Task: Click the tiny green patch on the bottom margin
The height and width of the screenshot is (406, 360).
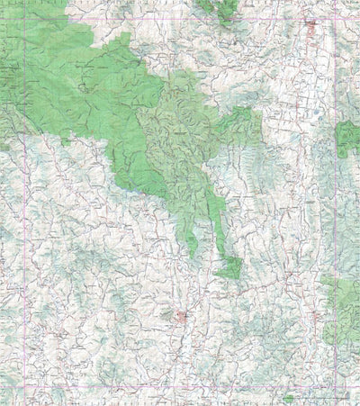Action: (x=288, y=399)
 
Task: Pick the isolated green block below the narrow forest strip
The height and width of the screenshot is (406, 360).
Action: (x=229, y=267)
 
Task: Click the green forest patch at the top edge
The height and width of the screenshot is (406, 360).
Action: (x=219, y=8)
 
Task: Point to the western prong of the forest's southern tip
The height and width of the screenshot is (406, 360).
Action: (x=192, y=236)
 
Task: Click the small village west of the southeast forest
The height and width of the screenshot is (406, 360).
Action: (x=316, y=314)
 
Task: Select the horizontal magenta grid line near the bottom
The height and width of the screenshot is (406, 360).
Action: (x=180, y=388)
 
